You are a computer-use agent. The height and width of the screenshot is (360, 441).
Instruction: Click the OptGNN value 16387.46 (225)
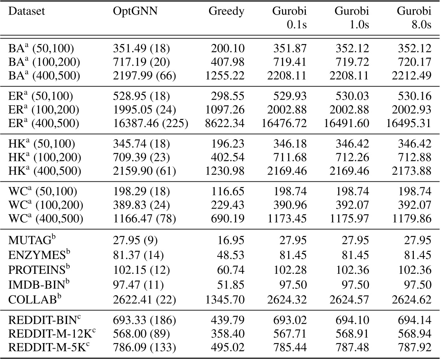(x=150, y=123)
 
